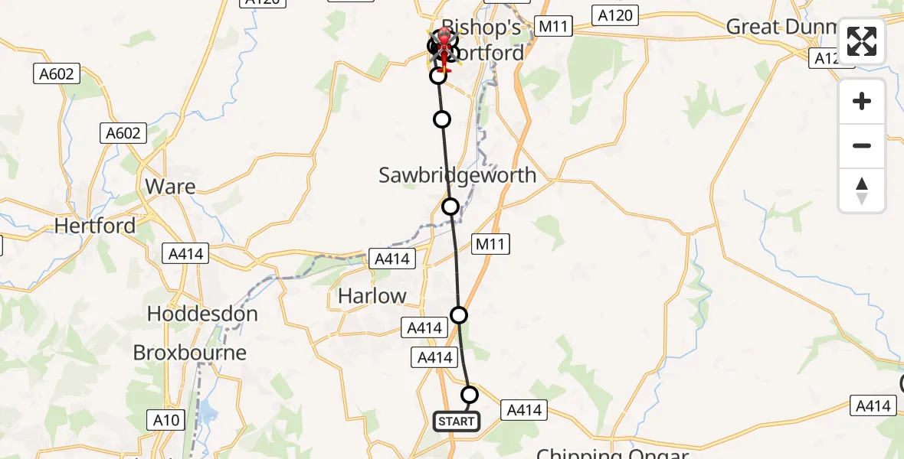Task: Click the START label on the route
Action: tap(457, 421)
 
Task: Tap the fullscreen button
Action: tap(862, 42)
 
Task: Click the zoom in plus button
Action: tap(862, 101)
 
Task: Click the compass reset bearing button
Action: tap(862, 190)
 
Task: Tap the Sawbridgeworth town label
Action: tap(457, 175)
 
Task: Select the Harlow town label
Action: tap(373, 296)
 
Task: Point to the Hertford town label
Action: tap(95, 226)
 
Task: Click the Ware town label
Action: tap(170, 187)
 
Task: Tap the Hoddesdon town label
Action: tap(201, 314)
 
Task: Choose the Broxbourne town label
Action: tap(190, 353)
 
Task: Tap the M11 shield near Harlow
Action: tap(490, 244)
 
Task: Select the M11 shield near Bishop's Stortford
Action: tap(553, 27)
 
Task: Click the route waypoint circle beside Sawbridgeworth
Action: tap(450, 207)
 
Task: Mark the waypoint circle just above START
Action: tap(470, 395)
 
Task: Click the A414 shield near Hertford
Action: tap(185, 253)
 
